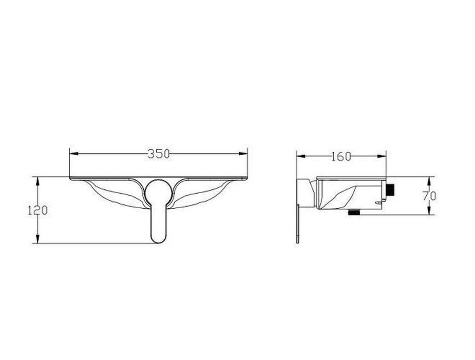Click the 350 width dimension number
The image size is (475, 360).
[159, 154]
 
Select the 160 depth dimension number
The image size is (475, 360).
[341, 156]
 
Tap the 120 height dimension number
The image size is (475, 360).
[38, 210]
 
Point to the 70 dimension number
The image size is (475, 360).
[429, 196]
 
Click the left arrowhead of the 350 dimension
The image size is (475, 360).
[74, 154]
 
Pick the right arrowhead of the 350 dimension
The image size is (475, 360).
[243, 154]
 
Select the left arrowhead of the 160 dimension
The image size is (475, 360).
[301, 156]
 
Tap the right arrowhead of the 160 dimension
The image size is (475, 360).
[382, 156]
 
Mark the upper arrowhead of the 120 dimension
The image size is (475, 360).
[38, 181]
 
